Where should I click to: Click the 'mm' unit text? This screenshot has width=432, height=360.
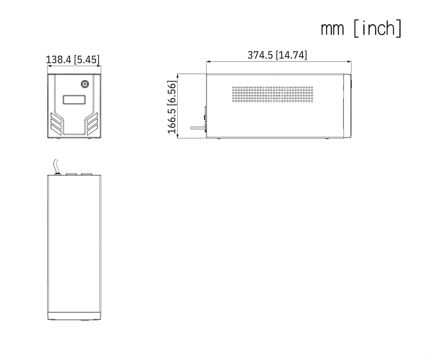click(x=333, y=29)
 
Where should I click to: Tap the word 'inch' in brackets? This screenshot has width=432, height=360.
click(x=378, y=28)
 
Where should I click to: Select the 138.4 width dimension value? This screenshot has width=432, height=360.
click(x=58, y=59)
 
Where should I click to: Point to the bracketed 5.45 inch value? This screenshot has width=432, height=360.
click(x=86, y=59)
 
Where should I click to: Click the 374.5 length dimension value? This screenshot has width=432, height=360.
click(x=260, y=55)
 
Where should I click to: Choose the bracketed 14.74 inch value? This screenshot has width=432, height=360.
click(x=291, y=55)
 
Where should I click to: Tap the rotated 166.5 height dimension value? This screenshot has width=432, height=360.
click(x=171, y=121)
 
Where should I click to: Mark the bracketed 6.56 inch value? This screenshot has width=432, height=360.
click(x=171, y=93)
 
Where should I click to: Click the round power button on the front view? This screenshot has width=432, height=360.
click(x=85, y=84)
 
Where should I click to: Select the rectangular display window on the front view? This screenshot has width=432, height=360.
click(x=74, y=100)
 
